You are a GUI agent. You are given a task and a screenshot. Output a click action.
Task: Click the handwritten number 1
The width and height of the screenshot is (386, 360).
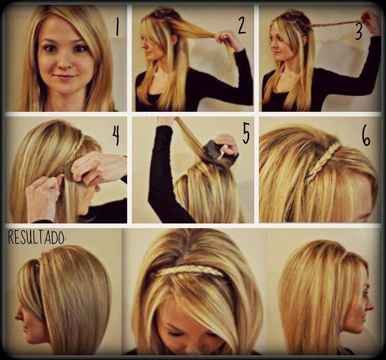coord(117,27)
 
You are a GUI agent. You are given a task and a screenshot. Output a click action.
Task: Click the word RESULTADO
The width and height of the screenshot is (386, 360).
coord(37,237)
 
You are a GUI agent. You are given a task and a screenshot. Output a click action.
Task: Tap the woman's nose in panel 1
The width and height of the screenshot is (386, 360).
coord(65,62)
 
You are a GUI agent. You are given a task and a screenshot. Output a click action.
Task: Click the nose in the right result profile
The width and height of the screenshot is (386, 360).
coord(370,306)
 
